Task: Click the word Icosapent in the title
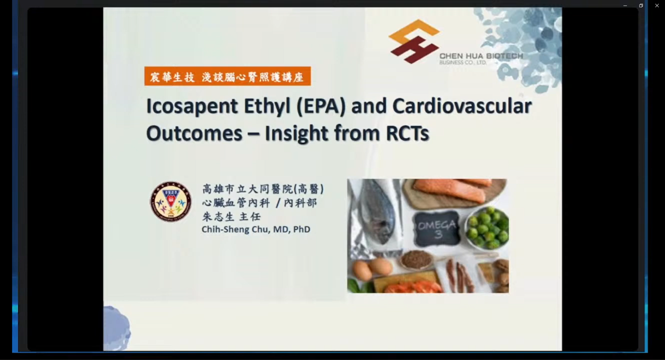tap(192, 106)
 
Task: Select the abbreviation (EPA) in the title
tap(321, 106)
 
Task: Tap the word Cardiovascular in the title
tap(462, 105)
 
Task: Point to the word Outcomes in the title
tap(194, 134)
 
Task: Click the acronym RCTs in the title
tap(407, 134)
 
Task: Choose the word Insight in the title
tap(297, 134)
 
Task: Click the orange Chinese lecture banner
tap(228, 76)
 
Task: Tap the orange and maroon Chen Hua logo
tap(414, 41)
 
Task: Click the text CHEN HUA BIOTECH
tap(481, 56)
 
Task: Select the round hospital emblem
tap(171, 202)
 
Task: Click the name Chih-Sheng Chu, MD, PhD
tap(256, 230)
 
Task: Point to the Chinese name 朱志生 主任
tap(231, 217)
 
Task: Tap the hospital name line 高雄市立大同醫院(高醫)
tap(263, 189)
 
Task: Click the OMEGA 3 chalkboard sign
tap(436, 229)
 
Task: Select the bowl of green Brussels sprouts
tap(487, 228)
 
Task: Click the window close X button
tap(657, 6)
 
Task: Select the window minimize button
tap(625, 6)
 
